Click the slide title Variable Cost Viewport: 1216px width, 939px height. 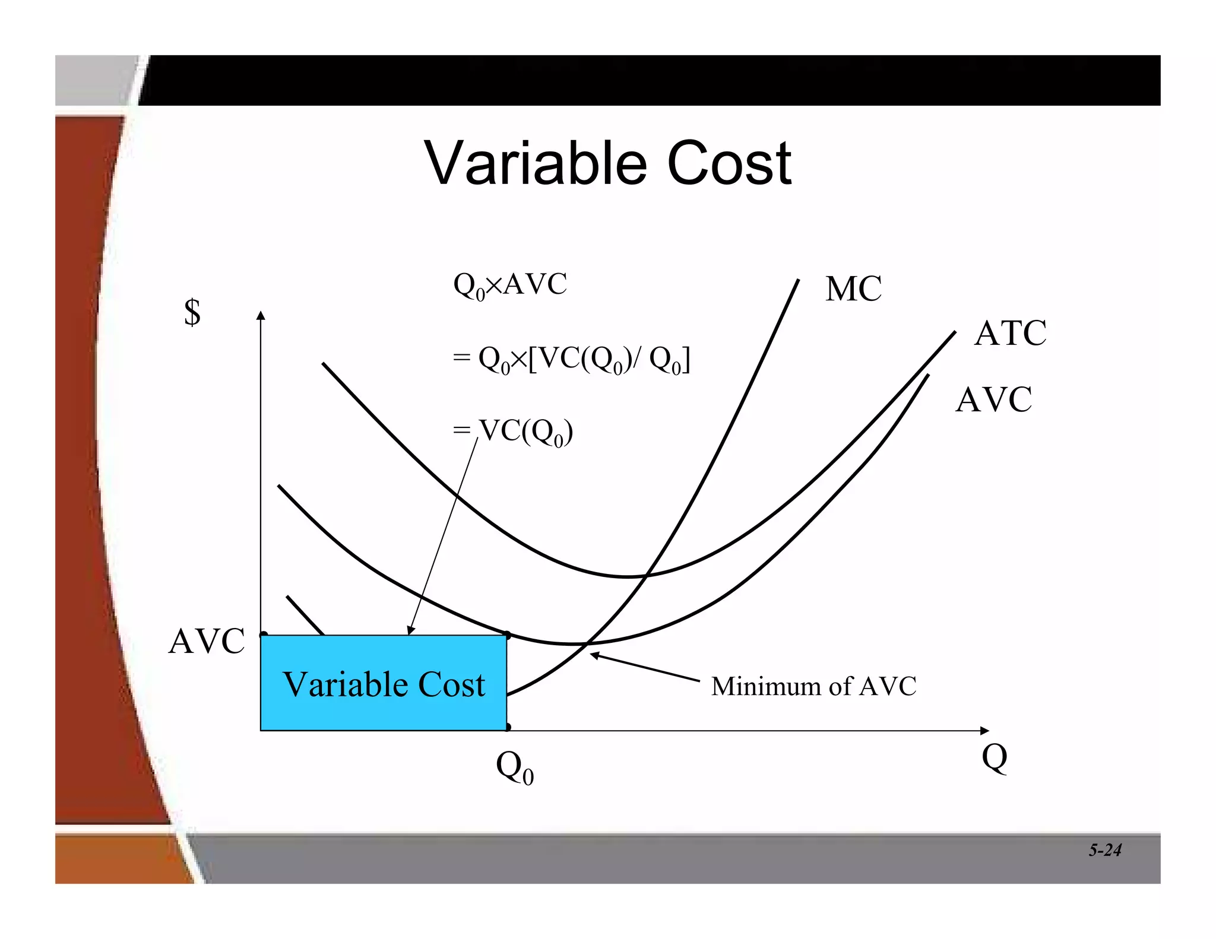(607, 163)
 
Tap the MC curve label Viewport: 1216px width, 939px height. (853, 289)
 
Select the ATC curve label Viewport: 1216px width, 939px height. (1010, 333)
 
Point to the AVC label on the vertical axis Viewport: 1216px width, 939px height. (206, 641)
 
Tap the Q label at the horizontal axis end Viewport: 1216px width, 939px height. (995, 757)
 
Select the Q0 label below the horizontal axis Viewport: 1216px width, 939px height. (514, 767)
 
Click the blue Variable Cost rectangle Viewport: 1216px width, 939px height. (384, 683)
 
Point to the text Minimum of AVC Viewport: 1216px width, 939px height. (813, 686)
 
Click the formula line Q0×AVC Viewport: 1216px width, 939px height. (510, 285)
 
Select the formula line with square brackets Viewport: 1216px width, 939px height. (571, 360)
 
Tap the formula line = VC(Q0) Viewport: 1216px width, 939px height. (513, 432)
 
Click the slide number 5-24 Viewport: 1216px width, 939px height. (1104, 850)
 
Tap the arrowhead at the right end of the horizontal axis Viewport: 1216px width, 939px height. (984, 730)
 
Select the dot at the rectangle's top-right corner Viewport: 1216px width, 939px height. (507, 635)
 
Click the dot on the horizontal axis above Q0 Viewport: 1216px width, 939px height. (507, 727)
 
